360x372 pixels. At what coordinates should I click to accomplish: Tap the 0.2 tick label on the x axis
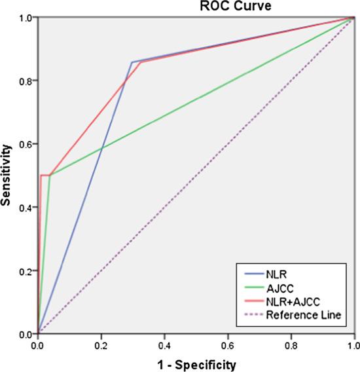click(x=101, y=344)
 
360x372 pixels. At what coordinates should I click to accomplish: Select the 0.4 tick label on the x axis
click(x=164, y=344)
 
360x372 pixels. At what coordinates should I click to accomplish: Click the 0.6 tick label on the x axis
click(x=227, y=344)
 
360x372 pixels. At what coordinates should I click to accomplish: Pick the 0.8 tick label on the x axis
click(x=291, y=344)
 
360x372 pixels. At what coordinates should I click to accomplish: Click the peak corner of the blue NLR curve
click(x=132, y=62)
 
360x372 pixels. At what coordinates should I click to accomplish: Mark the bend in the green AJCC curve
click(x=50, y=176)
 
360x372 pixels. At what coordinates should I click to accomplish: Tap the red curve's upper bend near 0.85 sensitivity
click(x=140, y=62)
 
